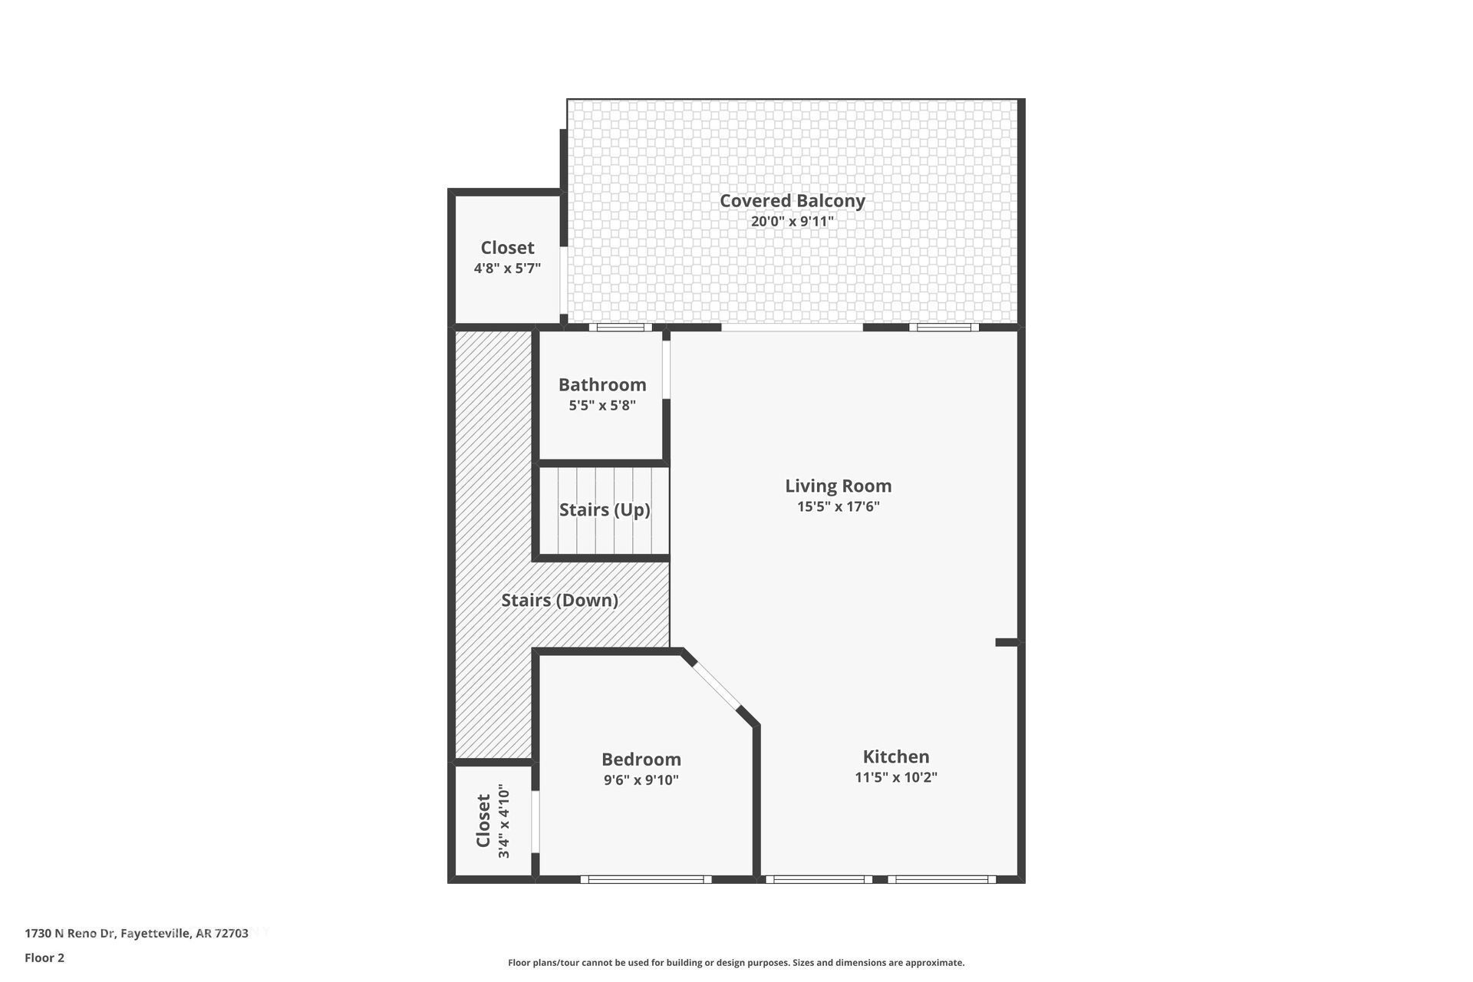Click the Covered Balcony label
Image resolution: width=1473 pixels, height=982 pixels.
pos(792,201)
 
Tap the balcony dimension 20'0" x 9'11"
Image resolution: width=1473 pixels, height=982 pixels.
pos(792,222)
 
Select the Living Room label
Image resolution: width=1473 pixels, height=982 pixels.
pos(838,486)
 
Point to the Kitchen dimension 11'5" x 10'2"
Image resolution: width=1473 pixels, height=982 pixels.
pos(895,777)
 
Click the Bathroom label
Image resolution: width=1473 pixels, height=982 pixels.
pos(602,384)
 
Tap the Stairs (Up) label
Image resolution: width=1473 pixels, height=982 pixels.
pos(605,509)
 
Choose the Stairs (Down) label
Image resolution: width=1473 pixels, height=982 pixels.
pos(559,600)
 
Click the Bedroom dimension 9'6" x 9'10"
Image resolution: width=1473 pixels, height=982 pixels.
pos(641,780)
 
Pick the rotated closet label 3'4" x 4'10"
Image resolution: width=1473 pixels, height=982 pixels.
pos(493,821)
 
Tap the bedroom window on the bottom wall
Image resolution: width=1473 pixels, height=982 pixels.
pos(645,879)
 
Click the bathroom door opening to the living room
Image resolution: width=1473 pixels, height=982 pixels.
pos(666,370)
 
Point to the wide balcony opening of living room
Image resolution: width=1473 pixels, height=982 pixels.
pos(792,328)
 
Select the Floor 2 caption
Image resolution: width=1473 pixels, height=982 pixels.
pos(44,957)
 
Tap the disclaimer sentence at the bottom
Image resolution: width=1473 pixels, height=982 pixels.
pos(736,962)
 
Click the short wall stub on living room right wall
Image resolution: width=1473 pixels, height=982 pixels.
pos(1007,642)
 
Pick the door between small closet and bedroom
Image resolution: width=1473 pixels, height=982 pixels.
pos(535,822)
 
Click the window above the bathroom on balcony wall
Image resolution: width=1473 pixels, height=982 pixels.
pos(620,328)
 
